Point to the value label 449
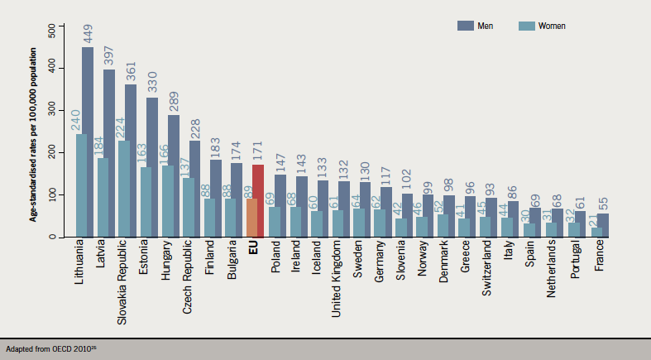87,33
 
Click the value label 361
130,70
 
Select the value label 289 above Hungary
173,100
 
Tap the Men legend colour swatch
465,26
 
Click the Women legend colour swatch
525,26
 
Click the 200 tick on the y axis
51,153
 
